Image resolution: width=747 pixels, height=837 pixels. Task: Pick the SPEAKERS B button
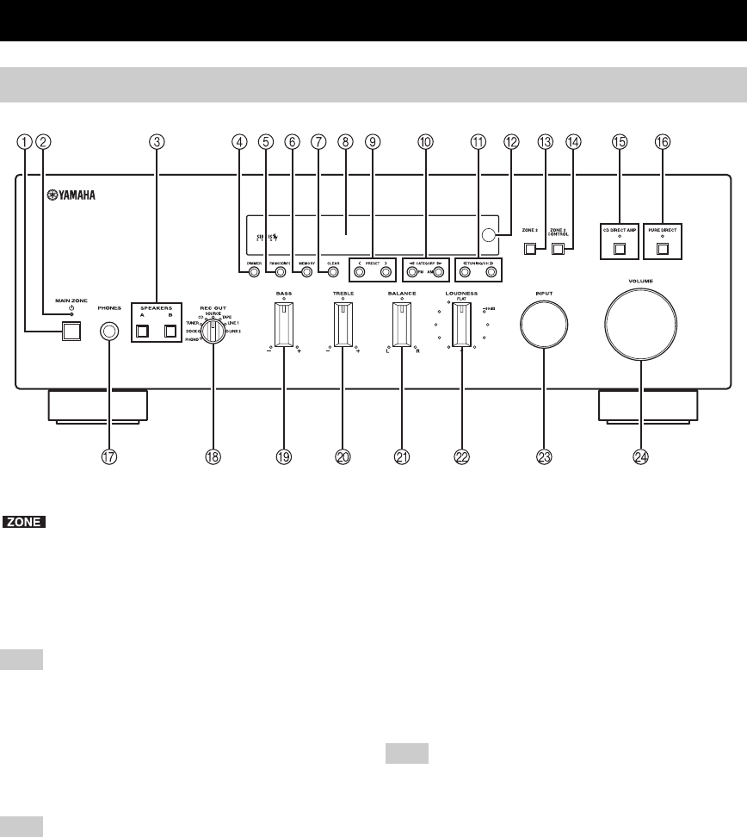pos(170,330)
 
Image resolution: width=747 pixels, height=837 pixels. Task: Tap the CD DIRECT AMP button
pos(620,251)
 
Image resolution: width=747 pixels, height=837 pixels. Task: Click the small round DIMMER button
pos(254,274)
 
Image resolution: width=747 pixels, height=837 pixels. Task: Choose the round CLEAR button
pos(333,274)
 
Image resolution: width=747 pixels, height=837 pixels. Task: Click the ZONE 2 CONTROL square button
pos(559,250)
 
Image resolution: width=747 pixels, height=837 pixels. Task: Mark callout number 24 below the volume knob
pos(640,458)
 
